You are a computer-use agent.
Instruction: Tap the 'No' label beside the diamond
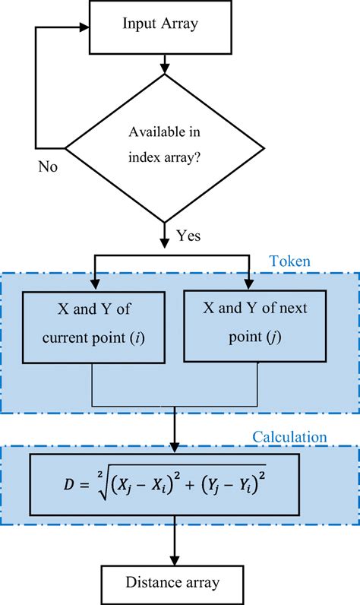tap(48, 166)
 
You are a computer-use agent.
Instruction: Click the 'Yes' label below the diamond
tap(188, 236)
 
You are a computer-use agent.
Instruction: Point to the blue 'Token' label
tap(289, 261)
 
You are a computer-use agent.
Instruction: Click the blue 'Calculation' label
tap(289, 437)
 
